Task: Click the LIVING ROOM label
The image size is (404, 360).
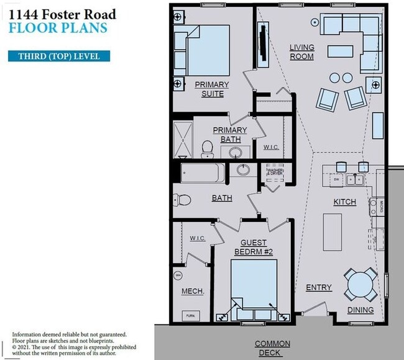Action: [x=301, y=52]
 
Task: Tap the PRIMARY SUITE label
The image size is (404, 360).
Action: [x=212, y=89]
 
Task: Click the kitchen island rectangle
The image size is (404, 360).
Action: [x=333, y=228]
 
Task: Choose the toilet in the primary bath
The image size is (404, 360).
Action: [x=208, y=148]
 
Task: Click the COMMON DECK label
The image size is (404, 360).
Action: [x=272, y=348]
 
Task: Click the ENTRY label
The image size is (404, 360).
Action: [x=318, y=287]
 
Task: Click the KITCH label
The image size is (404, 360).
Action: [x=344, y=202]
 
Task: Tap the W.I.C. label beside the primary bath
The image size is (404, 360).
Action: [x=271, y=147]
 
